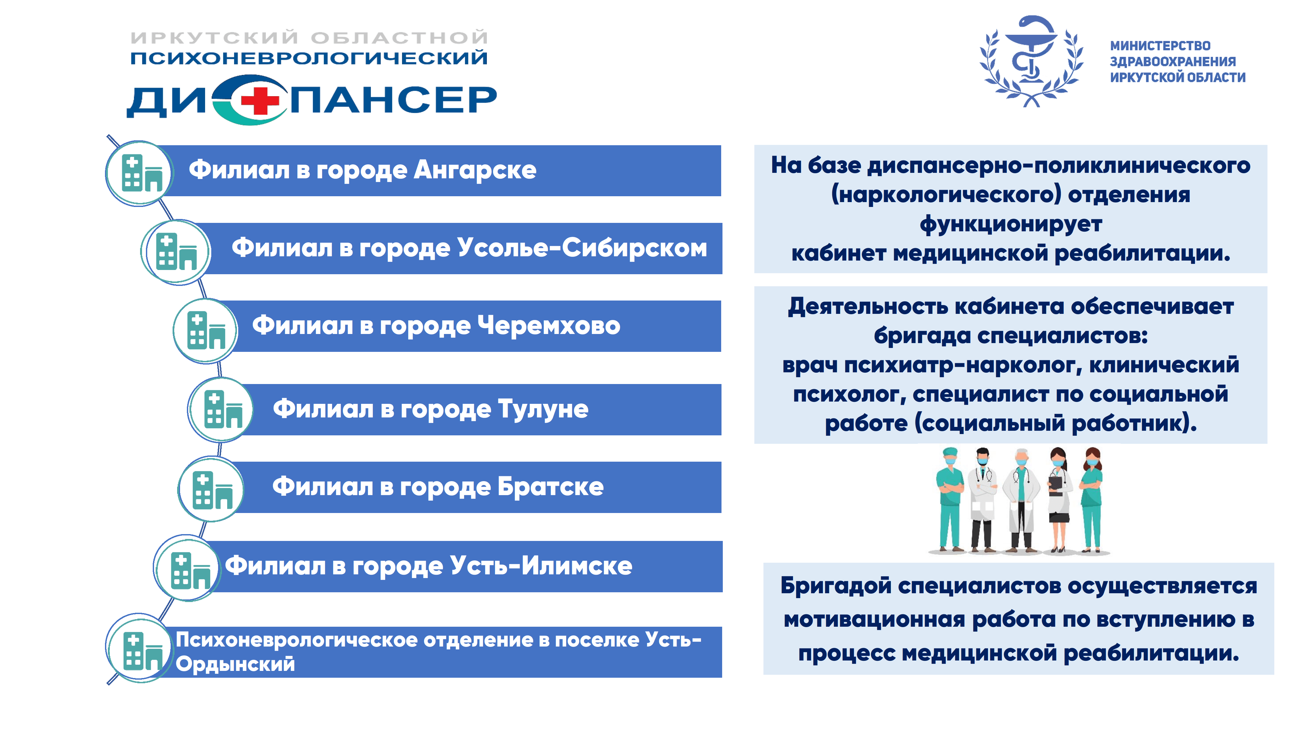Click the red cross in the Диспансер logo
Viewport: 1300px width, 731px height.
click(x=260, y=100)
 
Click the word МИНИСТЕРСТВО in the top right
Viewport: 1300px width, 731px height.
click(x=1160, y=46)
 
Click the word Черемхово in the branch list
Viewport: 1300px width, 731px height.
click(x=549, y=326)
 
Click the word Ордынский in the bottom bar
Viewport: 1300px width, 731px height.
click(x=235, y=663)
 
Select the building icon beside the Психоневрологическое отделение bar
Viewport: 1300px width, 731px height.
click(x=143, y=651)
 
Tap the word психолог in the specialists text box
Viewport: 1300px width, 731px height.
click(x=849, y=394)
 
